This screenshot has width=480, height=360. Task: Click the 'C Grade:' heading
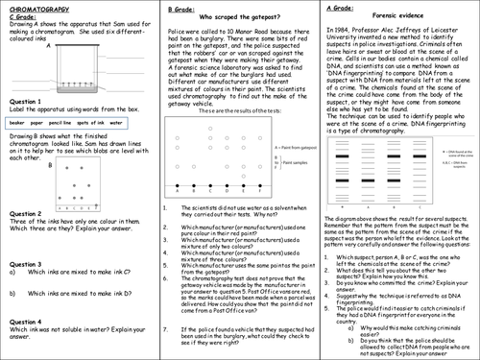click(x=20, y=16)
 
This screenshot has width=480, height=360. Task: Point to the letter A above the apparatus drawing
click(x=61, y=42)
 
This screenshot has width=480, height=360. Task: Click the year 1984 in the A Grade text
click(x=336, y=32)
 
